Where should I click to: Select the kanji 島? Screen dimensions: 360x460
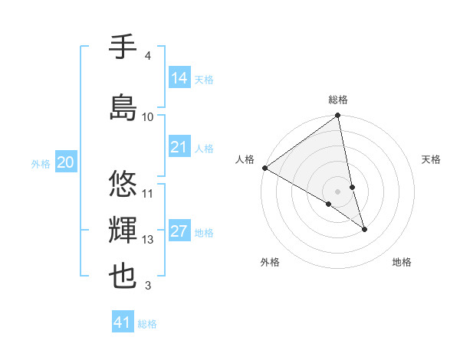(123, 106)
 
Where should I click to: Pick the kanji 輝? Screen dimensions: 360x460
(123, 231)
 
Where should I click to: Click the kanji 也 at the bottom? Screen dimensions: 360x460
(123, 277)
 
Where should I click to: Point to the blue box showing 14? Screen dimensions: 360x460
(179, 78)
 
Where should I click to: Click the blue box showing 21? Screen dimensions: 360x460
(179, 147)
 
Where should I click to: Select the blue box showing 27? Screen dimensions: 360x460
(179, 232)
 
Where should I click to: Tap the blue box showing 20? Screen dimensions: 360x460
(66, 162)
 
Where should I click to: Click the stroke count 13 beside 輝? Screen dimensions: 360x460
(148, 240)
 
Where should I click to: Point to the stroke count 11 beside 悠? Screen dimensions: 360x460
(148, 193)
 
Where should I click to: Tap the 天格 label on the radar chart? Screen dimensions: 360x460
(431, 159)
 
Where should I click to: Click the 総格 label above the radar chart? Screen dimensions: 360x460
(338, 100)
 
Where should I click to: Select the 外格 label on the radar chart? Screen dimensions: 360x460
(270, 262)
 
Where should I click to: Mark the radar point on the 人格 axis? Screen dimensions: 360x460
(264, 168)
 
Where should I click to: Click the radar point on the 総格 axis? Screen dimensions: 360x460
(338, 116)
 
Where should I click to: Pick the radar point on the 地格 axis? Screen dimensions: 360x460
(364, 229)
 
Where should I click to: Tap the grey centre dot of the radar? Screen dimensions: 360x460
(338, 191)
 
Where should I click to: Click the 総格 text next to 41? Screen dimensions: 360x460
(147, 323)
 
